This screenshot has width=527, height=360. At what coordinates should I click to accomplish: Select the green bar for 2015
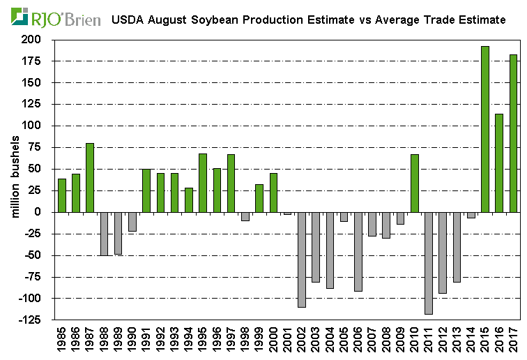pos(485,129)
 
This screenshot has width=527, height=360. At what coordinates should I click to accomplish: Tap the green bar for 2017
pos(513,133)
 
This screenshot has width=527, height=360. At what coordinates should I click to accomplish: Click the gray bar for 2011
pos(429,263)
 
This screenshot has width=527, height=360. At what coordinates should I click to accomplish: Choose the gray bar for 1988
pos(104,234)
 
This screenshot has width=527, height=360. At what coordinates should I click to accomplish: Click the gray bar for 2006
pos(358,251)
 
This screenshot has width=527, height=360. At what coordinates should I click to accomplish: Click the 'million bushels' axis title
pos(16,180)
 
